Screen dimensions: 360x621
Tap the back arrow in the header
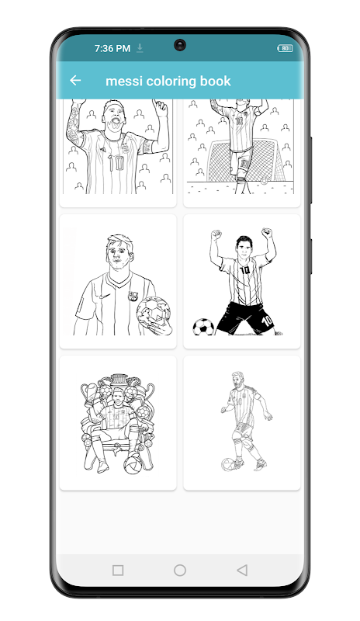click(75, 81)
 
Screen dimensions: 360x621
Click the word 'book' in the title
click(215, 81)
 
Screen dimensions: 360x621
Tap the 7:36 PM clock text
click(112, 48)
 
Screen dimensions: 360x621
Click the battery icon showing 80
click(285, 48)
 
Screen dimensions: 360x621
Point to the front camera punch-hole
click(180, 45)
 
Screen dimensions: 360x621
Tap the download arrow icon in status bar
click(140, 48)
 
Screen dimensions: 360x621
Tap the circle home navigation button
click(180, 570)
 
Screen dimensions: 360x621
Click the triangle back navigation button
click(241, 570)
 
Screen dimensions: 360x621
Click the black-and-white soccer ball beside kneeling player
click(203, 327)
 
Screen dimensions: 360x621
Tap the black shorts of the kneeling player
click(245, 317)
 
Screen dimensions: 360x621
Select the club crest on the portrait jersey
click(133, 296)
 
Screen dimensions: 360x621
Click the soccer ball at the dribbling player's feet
click(228, 463)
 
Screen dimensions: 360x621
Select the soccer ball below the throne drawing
click(133, 465)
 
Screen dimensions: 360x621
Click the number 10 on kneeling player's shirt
click(245, 270)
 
